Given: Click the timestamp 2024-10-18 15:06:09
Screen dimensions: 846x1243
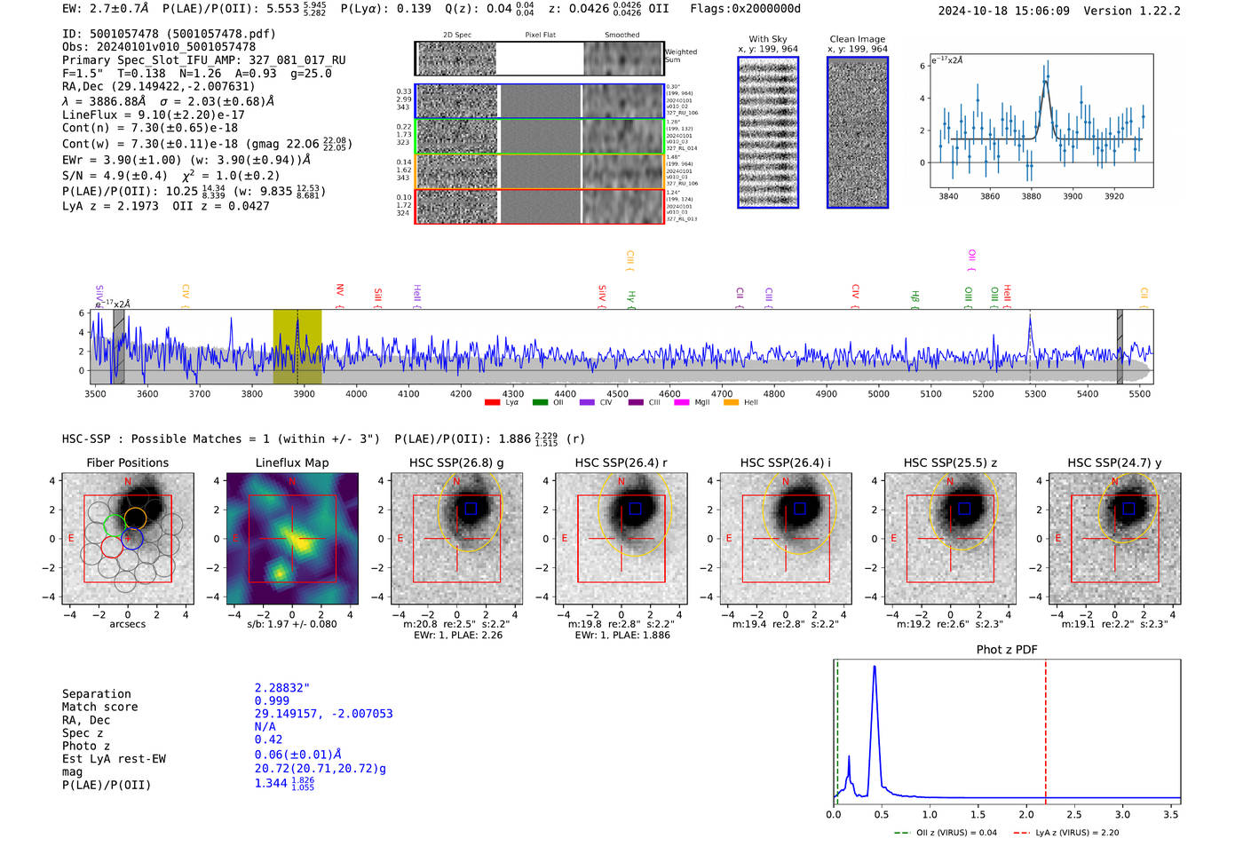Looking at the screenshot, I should (x=1003, y=12).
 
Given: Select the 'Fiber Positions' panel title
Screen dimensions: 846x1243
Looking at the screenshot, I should (x=127, y=463).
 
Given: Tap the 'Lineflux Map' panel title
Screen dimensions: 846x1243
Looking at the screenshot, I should (x=292, y=463).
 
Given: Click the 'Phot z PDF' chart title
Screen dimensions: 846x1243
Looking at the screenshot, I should (x=1007, y=650).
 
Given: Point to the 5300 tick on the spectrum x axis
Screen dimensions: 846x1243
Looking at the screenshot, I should (x=1035, y=394).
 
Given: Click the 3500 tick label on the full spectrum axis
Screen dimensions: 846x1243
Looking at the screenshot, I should (x=95, y=394).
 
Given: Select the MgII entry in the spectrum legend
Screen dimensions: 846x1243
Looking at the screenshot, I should (x=702, y=403).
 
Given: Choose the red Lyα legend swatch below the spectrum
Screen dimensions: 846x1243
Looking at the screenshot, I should (x=492, y=403).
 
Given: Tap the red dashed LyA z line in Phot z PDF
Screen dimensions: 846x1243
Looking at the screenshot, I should (x=1046, y=728).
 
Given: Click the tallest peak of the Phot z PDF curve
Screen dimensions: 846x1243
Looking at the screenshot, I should (x=875, y=667).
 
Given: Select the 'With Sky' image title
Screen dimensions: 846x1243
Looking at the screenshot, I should (x=768, y=39).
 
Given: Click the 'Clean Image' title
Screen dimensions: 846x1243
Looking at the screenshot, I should (x=857, y=39).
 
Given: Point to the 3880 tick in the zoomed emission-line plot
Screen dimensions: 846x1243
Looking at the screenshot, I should (x=1031, y=196).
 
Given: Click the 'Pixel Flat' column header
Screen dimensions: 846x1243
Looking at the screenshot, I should (x=540, y=36).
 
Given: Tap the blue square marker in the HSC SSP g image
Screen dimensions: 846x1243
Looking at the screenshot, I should (x=471, y=509).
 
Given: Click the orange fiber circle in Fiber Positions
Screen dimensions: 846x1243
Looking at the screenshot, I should (x=135, y=518).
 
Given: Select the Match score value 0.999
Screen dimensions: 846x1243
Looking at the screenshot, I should (x=272, y=701).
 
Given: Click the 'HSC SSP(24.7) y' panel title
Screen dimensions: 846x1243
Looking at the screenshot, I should (x=1114, y=463).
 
